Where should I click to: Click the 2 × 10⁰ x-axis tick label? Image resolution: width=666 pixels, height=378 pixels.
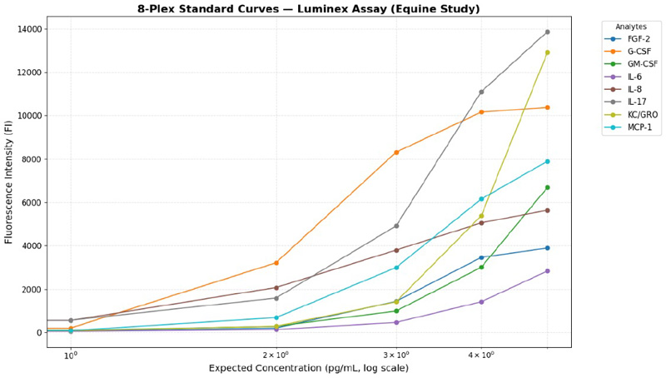[276, 355]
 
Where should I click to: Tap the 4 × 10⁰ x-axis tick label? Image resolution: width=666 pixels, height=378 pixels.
[481, 355]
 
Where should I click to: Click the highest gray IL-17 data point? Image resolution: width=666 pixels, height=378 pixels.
[547, 32]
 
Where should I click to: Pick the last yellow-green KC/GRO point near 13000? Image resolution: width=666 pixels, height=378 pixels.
[547, 52]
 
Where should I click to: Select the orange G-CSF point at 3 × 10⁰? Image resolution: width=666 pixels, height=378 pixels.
[396, 152]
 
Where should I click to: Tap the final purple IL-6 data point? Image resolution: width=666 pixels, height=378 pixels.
[547, 271]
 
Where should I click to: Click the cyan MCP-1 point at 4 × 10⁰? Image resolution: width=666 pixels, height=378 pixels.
[481, 199]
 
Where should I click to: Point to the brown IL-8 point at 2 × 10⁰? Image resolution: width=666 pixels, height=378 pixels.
[276, 288]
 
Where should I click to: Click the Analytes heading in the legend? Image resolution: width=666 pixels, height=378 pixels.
[626, 27]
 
